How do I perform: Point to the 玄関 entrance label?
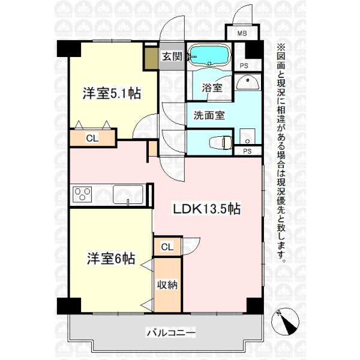[171, 56]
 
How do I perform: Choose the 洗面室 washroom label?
[209, 115]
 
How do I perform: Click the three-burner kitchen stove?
[82, 194]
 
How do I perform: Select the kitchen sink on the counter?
[128, 195]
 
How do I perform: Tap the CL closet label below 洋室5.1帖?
[91, 138]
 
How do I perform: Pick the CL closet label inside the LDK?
[167, 247]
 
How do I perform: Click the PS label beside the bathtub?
[244, 65]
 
